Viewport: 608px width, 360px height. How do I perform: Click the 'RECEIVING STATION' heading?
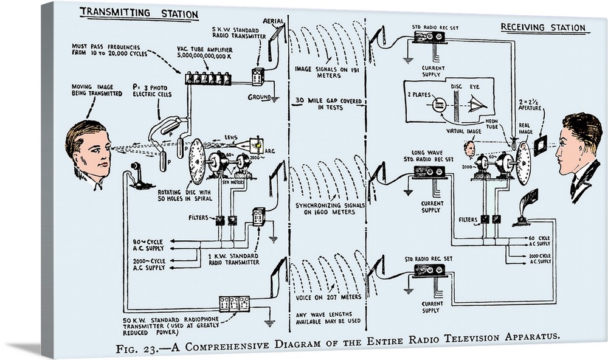point(543,27)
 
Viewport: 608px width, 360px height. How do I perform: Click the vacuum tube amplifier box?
point(210,78)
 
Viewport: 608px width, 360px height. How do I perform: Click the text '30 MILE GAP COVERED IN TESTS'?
point(327,103)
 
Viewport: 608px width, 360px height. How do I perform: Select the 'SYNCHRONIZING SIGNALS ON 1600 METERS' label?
point(330,209)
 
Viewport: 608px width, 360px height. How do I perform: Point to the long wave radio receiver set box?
point(429,171)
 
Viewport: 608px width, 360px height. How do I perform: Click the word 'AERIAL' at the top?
point(273,21)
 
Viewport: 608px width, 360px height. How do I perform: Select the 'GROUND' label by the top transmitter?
point(259,97)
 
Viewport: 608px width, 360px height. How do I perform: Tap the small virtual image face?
point(469,148)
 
